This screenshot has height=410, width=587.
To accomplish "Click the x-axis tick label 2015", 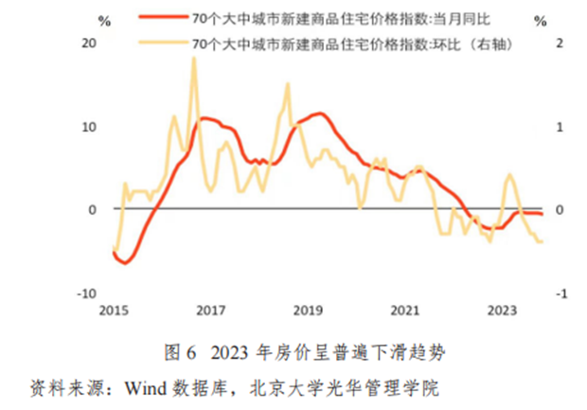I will [113, 310].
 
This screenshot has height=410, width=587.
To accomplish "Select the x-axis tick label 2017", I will [210, 310].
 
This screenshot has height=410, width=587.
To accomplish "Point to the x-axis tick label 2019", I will [308, 310].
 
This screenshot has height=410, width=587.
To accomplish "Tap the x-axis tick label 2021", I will [405, 310].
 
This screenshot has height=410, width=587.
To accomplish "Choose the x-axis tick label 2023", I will [502, 310].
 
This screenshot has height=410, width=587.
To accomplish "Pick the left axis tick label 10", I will [92, 127].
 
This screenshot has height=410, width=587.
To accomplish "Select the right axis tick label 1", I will [559, 127].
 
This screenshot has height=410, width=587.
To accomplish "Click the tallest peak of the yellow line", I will [193, 59].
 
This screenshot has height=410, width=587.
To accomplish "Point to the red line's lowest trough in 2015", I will [124, 262].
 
